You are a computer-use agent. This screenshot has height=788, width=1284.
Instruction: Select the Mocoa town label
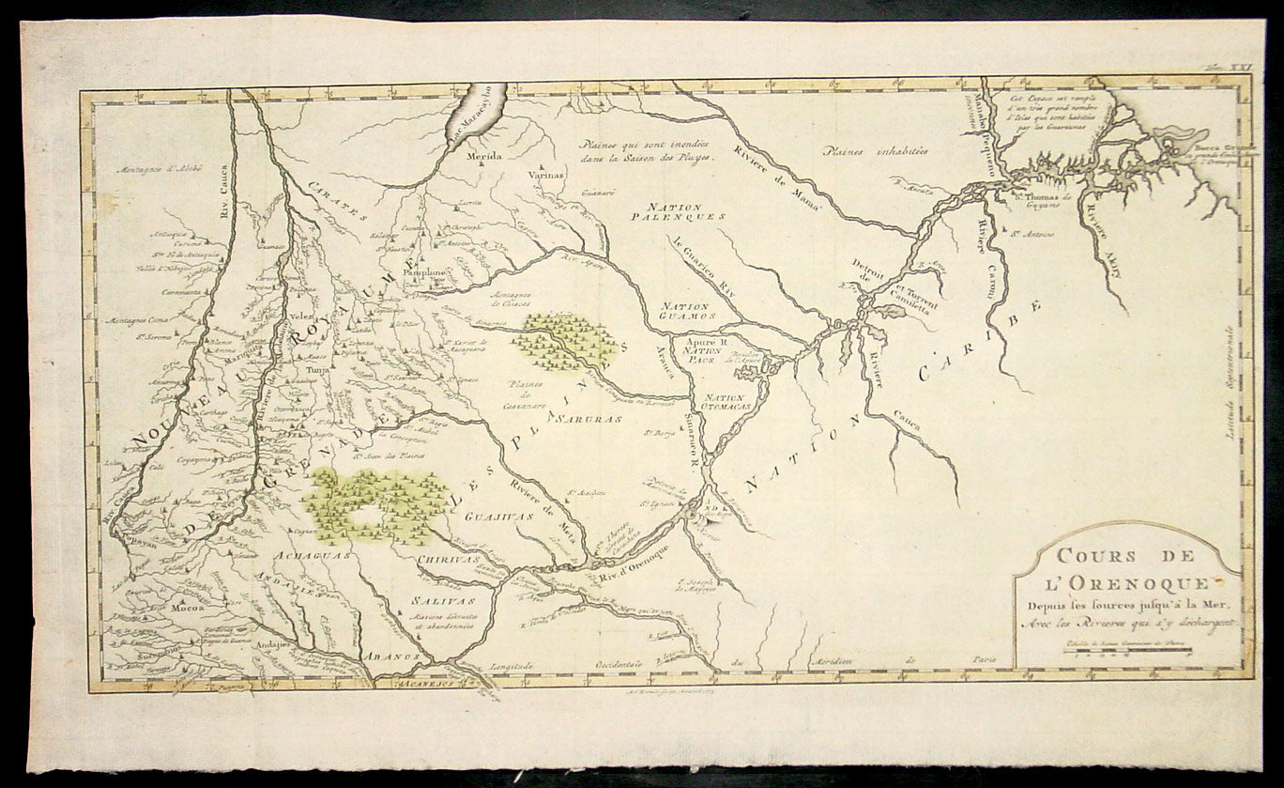coord(183,608)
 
